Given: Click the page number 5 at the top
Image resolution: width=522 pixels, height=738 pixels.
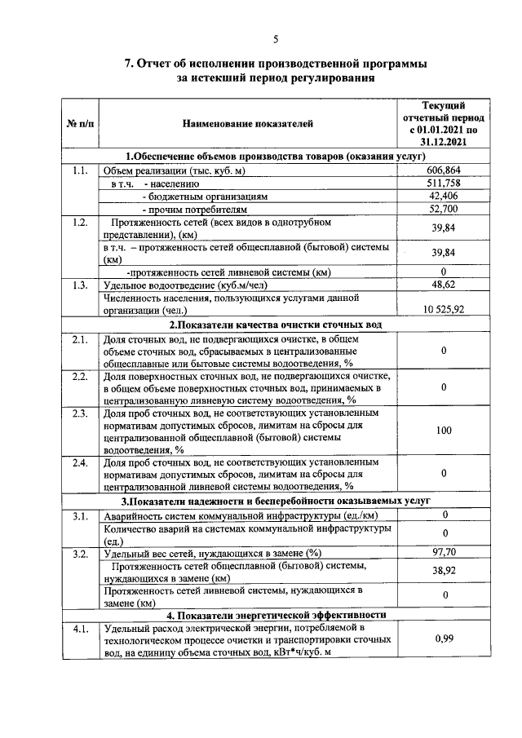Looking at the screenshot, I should tap(275, 39).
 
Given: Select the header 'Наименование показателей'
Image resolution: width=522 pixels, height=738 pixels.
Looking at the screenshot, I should tap(246, 124).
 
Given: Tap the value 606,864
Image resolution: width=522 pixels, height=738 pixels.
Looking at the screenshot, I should tap(443, 170).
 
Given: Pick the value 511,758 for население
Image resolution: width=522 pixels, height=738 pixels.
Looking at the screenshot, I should tap(443, 183).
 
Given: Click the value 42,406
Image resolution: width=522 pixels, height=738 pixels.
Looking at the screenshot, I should tap(443, 197).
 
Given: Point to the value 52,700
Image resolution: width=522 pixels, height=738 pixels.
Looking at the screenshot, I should tap(443, 210).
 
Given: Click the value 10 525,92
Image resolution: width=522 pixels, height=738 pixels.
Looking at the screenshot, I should tap(443, 308).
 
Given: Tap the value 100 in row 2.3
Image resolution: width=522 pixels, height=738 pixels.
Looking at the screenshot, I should tap(443, 430).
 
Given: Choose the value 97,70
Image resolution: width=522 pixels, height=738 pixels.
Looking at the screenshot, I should tap(443, 552).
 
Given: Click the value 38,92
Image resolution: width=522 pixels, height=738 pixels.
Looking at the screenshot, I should tap(443, 571).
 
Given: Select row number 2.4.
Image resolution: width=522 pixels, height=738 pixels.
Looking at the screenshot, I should tap(79, 462).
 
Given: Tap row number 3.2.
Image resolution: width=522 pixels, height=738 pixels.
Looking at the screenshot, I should tap(79, 553).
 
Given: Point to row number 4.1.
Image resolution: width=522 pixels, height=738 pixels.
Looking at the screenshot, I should tap(79, 629).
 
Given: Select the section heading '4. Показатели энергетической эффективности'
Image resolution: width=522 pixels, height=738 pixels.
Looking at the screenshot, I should tap(275, 615).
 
